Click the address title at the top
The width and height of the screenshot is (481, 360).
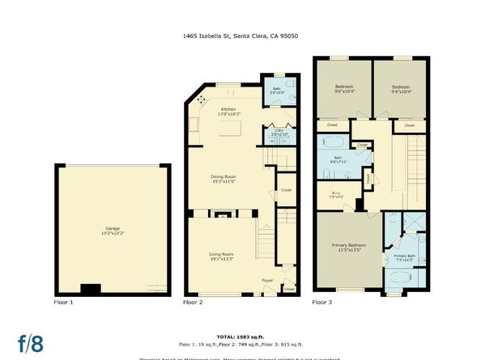240,35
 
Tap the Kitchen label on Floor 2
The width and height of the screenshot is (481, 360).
228,112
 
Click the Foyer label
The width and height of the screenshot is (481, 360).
267,281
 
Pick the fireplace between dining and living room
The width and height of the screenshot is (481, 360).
222,214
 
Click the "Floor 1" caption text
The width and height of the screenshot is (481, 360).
63,302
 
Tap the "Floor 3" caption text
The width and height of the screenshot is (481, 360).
323,302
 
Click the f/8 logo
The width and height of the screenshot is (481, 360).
31,341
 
